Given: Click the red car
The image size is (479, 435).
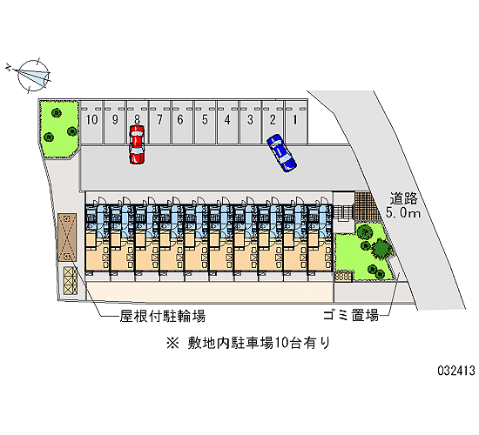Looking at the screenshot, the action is point(137,144).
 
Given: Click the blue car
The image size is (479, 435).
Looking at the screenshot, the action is point(281,152).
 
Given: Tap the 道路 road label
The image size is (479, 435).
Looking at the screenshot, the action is point(403,198).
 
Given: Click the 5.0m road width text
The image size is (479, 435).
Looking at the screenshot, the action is point(403,212).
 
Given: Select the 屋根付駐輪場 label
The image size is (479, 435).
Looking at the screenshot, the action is point(162,317).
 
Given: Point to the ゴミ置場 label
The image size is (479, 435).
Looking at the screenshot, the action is point(351,315).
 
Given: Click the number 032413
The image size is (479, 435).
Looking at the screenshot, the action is point(456,371).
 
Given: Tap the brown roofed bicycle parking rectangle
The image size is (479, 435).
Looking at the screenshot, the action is point(67,238).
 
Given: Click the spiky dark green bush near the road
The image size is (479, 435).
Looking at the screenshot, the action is point(381,248).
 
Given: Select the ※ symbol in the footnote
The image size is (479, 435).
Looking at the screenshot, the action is point(172,343).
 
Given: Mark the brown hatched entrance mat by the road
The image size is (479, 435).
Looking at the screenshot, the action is point(367,205).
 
